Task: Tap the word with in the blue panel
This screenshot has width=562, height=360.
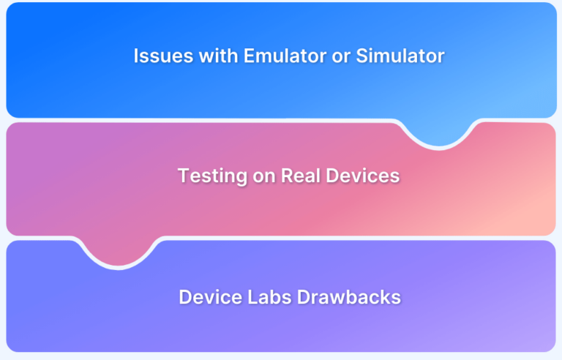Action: click(x=206, y=56)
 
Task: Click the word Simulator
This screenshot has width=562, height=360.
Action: click(x=400, y=56)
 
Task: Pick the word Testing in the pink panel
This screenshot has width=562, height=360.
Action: click(x=209, y=176)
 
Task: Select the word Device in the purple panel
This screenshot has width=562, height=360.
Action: click(x=206, y=297)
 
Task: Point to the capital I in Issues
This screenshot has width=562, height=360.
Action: click(x=135, y=56)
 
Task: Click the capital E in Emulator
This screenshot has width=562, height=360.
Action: click(x=237, y=56)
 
